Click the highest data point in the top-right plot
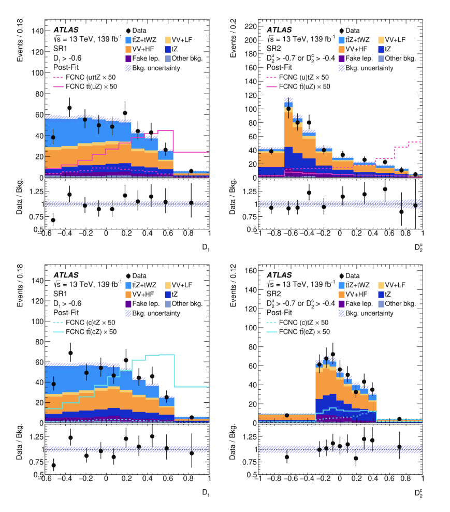pyautogui.click(x=289, y=109)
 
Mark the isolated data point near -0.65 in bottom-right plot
pyautogui.click(x=287, y=415)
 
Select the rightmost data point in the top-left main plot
pyautogui.click(x=191, y=171)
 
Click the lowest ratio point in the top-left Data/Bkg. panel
pyautogui.click(x=53, y=220)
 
